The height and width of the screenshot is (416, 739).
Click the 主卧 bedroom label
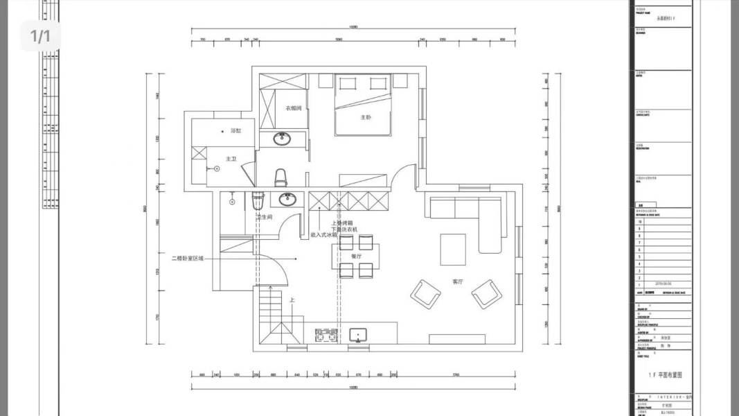pyautogui.click(x=366, y=118)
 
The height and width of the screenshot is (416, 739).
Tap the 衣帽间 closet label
pyautogui.click(x=293, y=108)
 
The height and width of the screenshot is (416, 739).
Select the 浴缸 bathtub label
pyautogui.click(x=235, y=130)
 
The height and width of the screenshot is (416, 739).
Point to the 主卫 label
pyautogui.click(x=231, y=159)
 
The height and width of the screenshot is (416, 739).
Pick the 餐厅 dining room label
pyautogui.click(x=357, y=257)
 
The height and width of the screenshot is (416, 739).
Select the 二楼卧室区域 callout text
pyautogui.click(x=188, y=258)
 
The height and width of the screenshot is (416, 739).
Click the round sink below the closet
pyautogui.click(x=283, y=139)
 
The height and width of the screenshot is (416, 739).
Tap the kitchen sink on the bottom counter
pyautogui.click(x=359, y=336)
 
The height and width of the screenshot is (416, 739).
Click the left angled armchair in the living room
pyautogui.click(x=425, y=293)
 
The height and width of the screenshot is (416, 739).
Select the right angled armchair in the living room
pyautogui.click(x=487, y=294)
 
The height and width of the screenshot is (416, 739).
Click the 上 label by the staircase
pyautogui.click(x=292, y=301)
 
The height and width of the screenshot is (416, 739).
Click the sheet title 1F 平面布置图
pyautogui.click(x=665, y=374)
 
